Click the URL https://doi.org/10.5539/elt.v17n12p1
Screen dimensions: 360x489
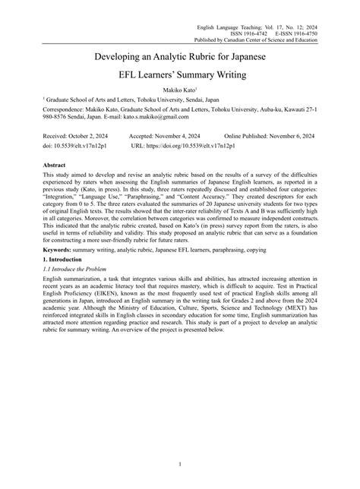point(185,144)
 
